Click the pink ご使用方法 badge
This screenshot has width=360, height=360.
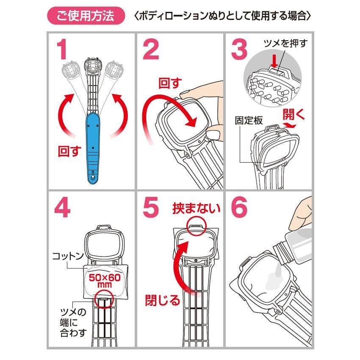(x=86, y=16)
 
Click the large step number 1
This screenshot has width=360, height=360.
(x=62, y=49)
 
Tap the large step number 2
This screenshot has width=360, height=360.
(x=151, y=49)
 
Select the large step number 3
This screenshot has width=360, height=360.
(x=239, y=49)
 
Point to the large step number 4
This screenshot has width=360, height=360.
(x=62, y=208)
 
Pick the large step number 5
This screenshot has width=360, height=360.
(x=151, y=208)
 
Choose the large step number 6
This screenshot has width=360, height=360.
(x=239, y=208)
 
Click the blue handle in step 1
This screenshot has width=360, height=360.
(x=93, y=148)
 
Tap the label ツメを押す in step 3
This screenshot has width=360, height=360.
(x=285, y=43)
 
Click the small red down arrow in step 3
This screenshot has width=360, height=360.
(x=274, y=61)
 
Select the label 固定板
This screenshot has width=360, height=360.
(x=249, y=120)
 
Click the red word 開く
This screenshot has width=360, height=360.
(x=294, y=114)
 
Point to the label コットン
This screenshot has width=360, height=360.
(x=68, y=256)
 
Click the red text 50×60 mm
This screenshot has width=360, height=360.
(x=105, y=281)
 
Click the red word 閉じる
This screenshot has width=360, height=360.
(x=163, y=300)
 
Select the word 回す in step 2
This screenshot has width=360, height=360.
(x=170, y=83)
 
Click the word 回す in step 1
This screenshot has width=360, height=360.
(x=70, y=151)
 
